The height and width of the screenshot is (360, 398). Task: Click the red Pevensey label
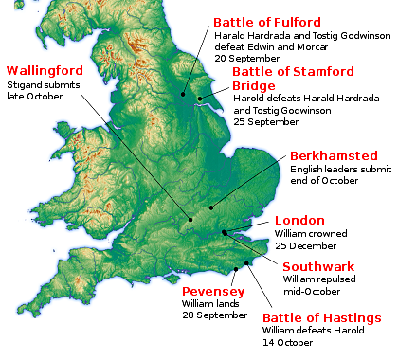[213, 291]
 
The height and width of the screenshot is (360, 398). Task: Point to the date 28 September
[215, 315]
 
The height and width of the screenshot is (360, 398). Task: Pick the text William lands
[209, 303]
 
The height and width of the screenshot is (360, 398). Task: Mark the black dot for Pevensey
[246, 264]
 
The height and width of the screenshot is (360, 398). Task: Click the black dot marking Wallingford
[190, 220]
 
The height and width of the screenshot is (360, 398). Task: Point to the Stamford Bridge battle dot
[200, 99]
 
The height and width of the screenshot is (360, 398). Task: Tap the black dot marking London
[225, 232]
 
